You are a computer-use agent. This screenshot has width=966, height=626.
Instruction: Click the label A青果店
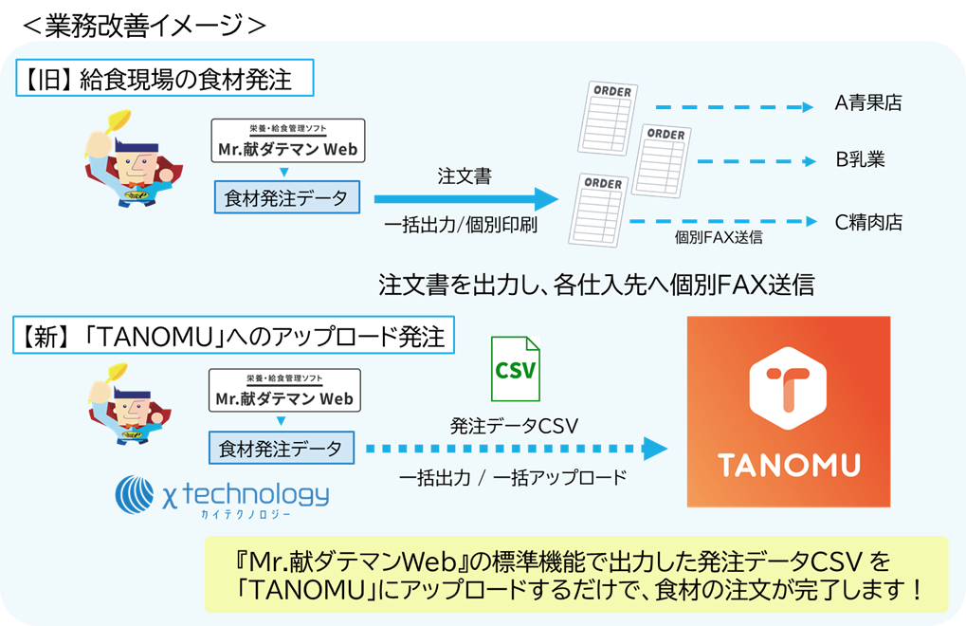867,103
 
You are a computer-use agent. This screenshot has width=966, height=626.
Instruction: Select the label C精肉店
867,223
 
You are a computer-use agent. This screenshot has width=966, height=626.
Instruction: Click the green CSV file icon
515,367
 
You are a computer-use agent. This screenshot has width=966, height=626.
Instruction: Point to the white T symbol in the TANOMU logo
789,385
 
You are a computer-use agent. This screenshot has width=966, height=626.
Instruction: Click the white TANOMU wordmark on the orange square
789,466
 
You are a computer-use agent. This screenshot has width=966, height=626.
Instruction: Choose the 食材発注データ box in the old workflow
286,199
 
